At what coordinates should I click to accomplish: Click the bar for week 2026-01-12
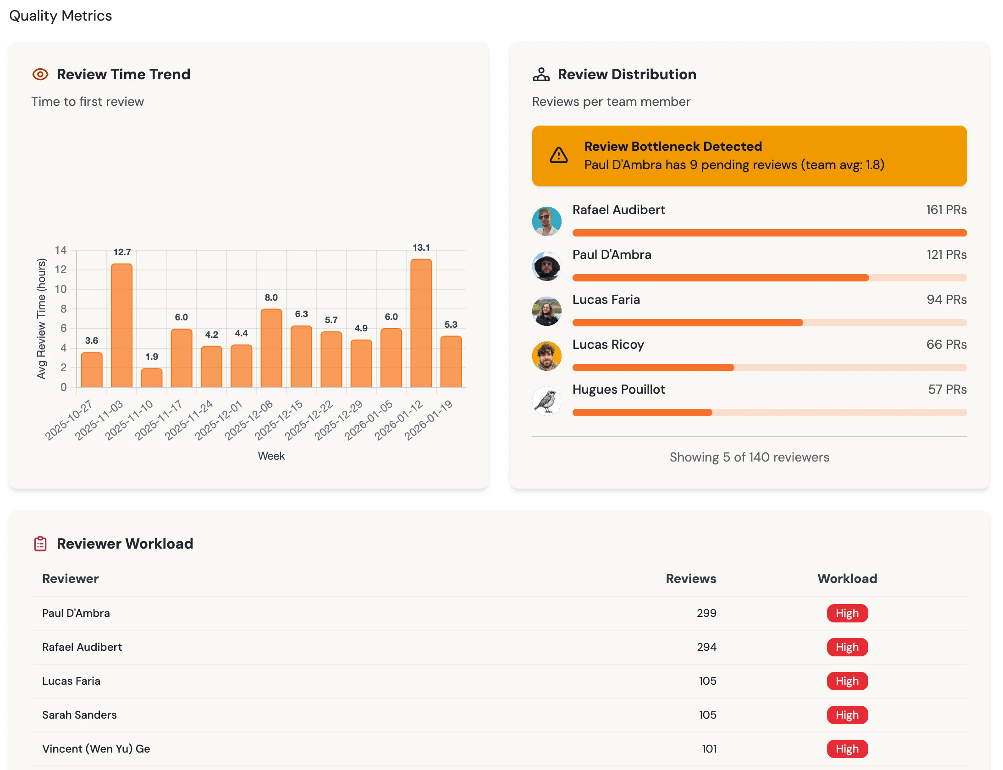pos(421,323)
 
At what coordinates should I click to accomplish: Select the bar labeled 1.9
pos(151,378)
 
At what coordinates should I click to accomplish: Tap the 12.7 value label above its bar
pos(122,252)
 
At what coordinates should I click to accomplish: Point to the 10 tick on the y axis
pos(61,289)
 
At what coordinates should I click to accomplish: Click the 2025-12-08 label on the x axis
pos(249,420)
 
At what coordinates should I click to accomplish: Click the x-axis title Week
pos(271,456)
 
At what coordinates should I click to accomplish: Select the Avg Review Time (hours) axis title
pos(41,319)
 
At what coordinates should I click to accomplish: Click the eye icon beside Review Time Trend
pos(40,74)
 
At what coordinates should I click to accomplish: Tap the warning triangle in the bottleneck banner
pos(559,155)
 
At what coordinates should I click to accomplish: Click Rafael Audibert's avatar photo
pos(546,221)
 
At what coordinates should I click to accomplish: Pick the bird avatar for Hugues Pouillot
pos(546,401)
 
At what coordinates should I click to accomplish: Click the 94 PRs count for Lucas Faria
pos(947,300)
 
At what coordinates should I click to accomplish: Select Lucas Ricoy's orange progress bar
pos(653,368)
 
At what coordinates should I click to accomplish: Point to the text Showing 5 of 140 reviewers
pos(749,457)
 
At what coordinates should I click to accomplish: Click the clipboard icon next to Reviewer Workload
pos(40,544)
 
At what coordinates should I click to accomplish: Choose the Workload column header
pos(847,578)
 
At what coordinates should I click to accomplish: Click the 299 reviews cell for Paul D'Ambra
pos(706,613)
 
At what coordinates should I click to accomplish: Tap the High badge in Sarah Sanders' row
pos(847,715)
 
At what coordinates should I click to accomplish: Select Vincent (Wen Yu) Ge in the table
pos(96,749)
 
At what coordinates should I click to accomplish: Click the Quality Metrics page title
pos(61,16)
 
